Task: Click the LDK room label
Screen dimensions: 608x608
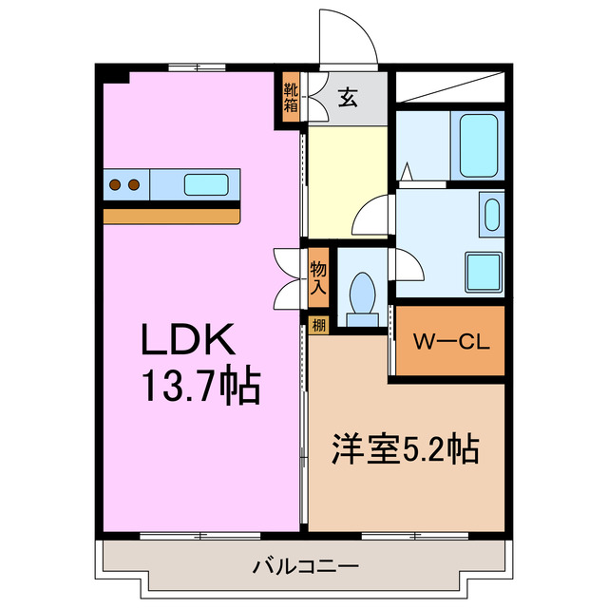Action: [x=188, y=341]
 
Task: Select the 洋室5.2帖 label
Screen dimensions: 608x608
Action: [x=405, y=446]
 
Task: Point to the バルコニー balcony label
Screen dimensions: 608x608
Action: [x=305, y=567]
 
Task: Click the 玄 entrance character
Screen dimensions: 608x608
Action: [x=349, y=97]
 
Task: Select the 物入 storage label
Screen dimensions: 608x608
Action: [x=318, y=273]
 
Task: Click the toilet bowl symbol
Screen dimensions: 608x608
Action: [x=361, y=291]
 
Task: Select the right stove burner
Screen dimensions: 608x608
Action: [x=134, y=184]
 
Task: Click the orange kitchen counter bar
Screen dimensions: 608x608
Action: [x=171, y=216]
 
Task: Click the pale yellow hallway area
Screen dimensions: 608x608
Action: [x=347, y=180]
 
